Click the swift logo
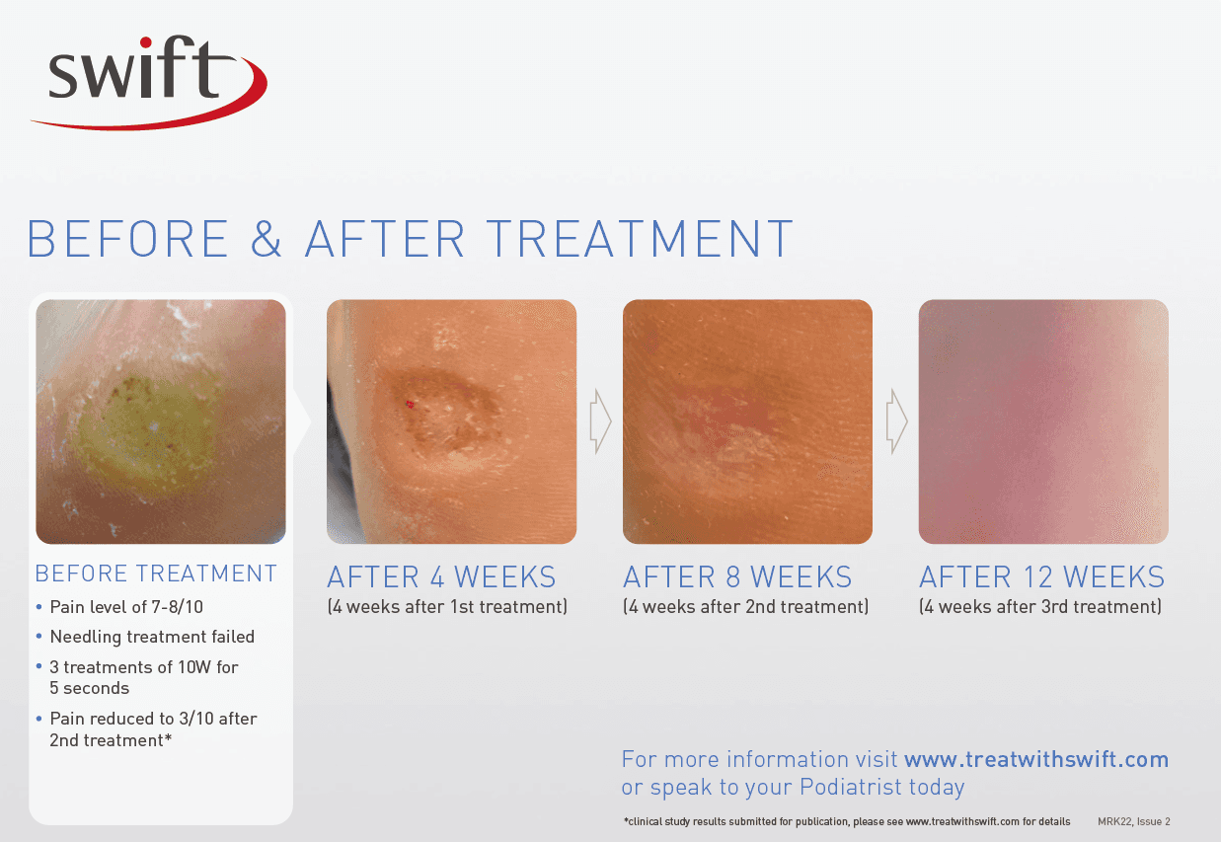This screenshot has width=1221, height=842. click(x=148, y=81)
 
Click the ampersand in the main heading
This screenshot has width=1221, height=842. click(x=267, y=239)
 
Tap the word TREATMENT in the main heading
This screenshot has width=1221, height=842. click(x=640, y=239)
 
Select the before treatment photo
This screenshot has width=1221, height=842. click(x=161, y=421)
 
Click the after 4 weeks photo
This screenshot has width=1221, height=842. click(x=451, y=421)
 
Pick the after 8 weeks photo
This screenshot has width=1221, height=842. click(x=747, y=421)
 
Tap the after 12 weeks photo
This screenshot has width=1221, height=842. click(x=1043, y=421)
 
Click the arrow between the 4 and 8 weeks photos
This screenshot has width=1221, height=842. click(x=600, y=421)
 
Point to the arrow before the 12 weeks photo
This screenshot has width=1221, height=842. click(x=896, y=421)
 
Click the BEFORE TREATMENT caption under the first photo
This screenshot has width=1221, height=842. click(x=156, y=574)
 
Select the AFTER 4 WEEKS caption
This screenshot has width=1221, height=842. click(x=441, y=577)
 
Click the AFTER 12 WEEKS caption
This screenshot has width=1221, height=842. click(x=1042, y=577)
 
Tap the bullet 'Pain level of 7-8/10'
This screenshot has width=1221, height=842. click(x=126, y=607)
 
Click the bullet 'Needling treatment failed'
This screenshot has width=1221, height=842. click(x=152, y=637)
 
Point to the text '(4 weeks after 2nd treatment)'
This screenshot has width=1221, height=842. click(x=745, y=606)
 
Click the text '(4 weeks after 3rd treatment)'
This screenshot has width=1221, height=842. click(x=1040, y=606)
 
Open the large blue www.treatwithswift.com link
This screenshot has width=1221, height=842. click(x=1036, y=760)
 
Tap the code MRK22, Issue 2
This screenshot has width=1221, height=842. click(x=1133, y=821)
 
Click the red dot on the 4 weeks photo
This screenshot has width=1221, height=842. click(x=410, y=404)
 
